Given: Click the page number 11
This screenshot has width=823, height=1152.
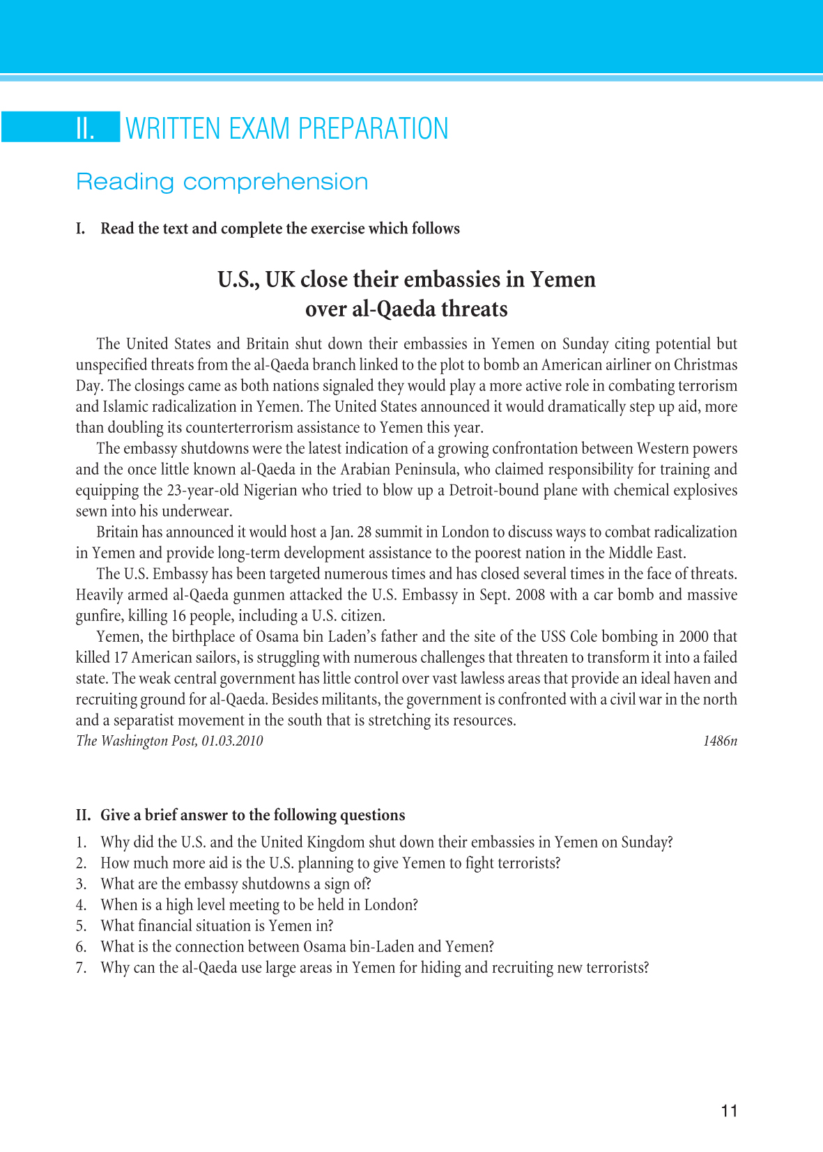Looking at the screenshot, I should click(x=729, y=1111).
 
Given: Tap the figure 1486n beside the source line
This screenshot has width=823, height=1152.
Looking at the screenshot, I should click(x=720, y=741).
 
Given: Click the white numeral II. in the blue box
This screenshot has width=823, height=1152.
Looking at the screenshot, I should click(x=85, y=129).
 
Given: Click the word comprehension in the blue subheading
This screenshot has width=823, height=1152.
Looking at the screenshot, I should click(x=275, y=182).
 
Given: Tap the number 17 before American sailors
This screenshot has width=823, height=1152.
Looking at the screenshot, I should click(x=120, y=658).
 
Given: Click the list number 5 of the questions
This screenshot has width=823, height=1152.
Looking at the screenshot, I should click(x=81, y=926).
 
